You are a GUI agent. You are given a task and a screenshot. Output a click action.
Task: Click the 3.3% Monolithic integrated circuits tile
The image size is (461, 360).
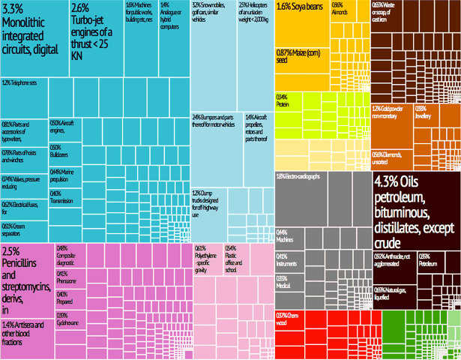click(x=34, y=37)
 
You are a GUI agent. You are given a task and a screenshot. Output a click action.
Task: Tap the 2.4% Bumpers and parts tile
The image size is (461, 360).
click(x=217, y=150)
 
